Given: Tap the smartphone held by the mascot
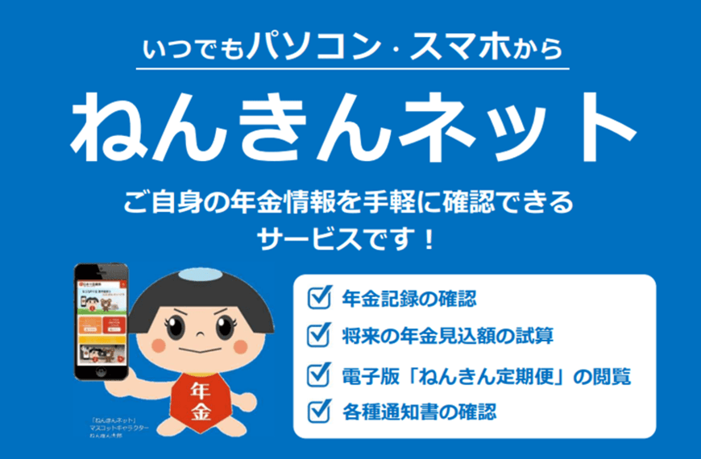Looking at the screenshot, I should pyautogui.click(x=100, y=321).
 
